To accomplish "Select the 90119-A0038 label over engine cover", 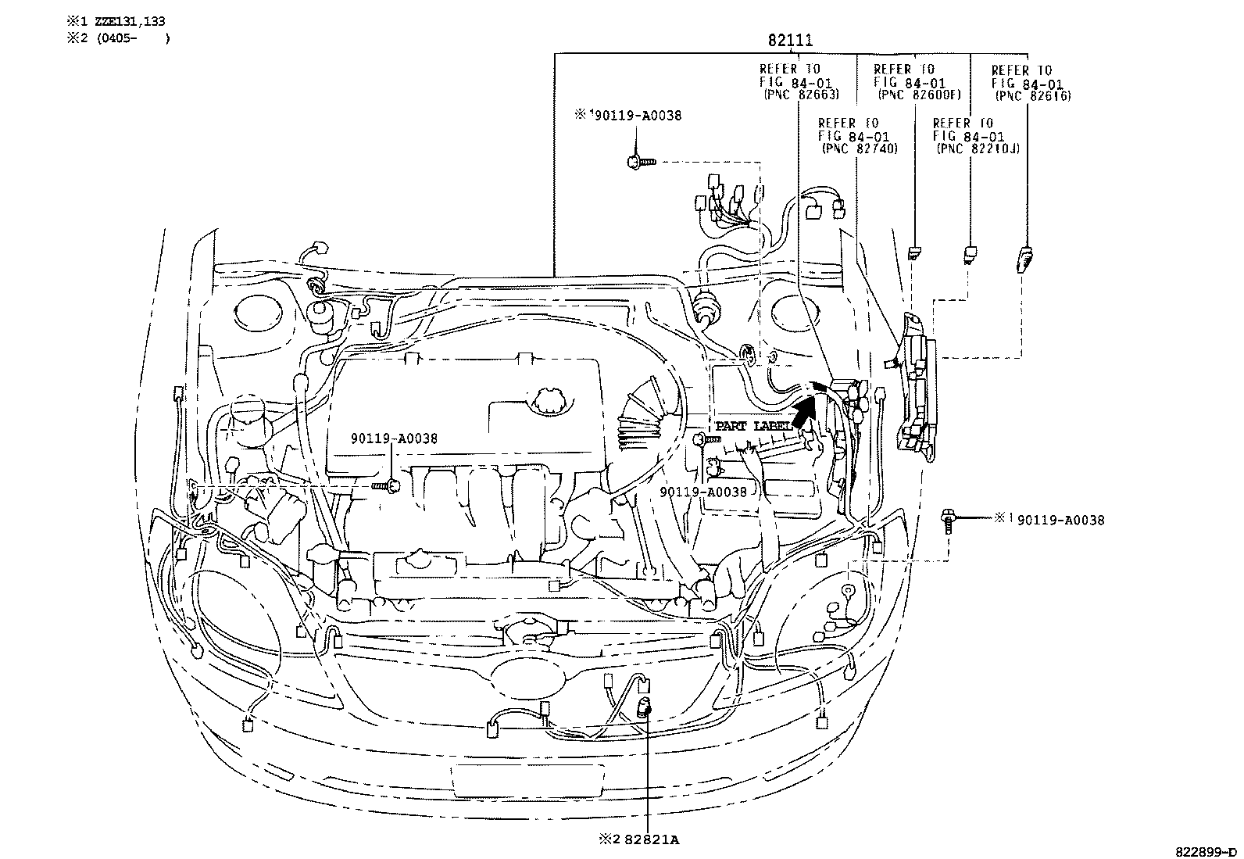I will [x=394, y=438].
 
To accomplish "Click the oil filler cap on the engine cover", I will [x=550, y=399].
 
